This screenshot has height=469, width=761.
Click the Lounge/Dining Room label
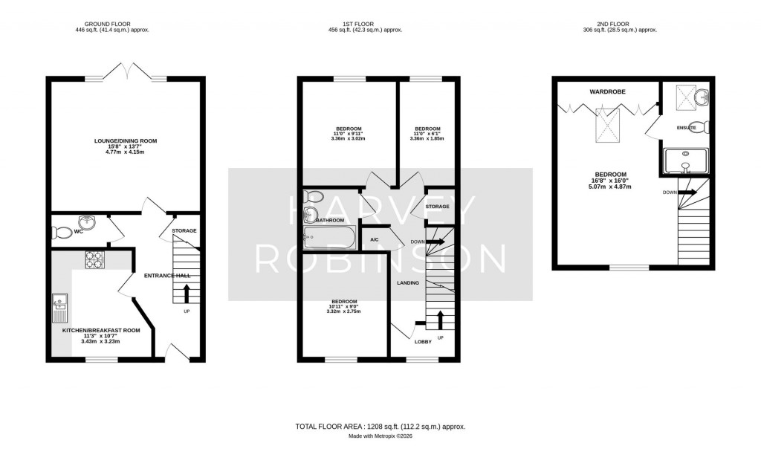click(x=125, y=140)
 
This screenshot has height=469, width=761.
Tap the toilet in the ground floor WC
click(x=60, y=232)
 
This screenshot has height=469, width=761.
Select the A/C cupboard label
click(x=375, y=239)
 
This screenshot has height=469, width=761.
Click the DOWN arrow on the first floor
click(x=435, y=242)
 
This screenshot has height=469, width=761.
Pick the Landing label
click(x=407, y=283)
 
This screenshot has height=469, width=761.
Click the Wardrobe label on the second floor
click(x=606, y=91)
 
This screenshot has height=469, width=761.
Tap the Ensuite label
click(x=686, y=128)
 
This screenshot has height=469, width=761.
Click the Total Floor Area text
click(x=380, y=427)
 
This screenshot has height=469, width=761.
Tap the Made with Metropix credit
click(x=380, y=436)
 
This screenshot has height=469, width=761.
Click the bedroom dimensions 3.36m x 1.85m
click(x=427, y=138)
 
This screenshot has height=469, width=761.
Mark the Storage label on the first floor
click(x=438, y=207)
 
